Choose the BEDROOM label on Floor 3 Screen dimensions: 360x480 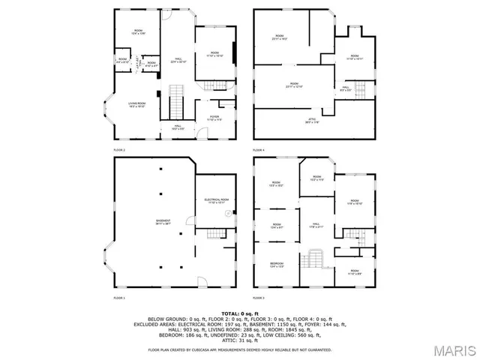[x=277, y=265]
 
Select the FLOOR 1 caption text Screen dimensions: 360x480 [x=120, y=298]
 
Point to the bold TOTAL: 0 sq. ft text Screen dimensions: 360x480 [x=239, y=313]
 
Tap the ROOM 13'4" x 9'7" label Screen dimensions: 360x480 [x=277, y=226]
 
